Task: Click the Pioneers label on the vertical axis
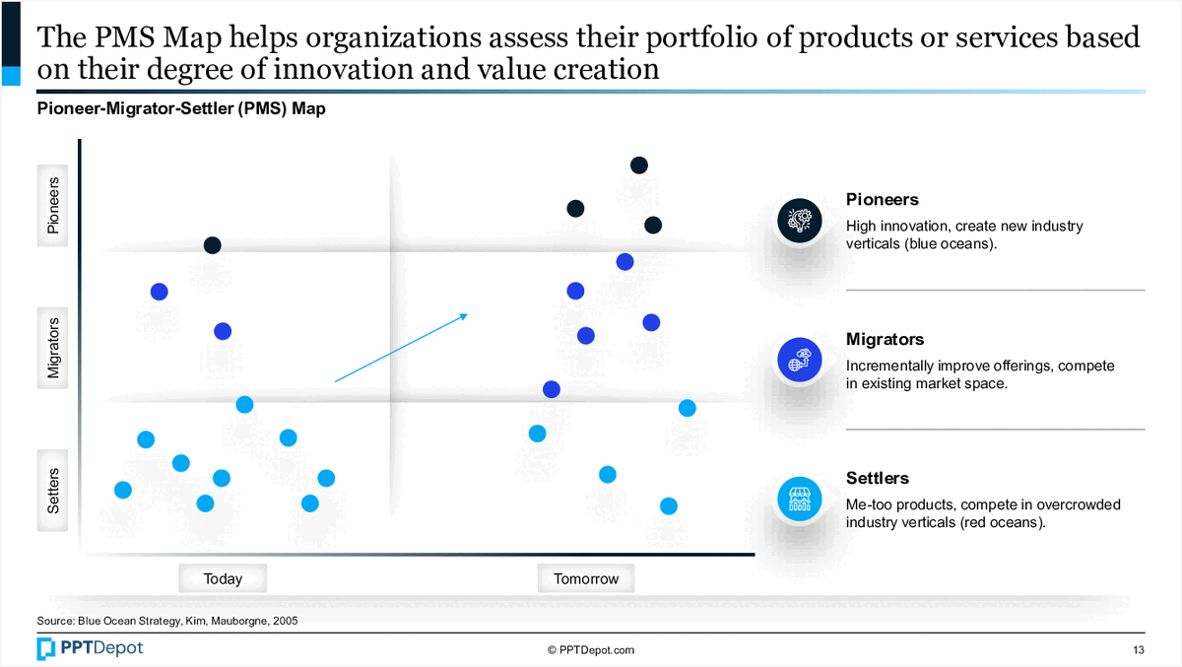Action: coord(54,205)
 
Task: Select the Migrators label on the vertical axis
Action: coord(54,348)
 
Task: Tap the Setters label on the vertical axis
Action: coord(54,491)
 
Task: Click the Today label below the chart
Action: coord(223,578)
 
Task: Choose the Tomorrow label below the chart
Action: coord(586,578)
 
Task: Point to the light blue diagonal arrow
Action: coord(401,348)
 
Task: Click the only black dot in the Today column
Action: coord(212,245)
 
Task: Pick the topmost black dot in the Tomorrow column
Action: coord(638,165)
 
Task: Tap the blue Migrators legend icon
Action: coord(799,360)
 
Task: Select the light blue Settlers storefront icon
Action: coord(799,499)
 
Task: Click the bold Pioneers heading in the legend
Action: coord(883,200)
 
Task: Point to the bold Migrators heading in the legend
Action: coord(885,340)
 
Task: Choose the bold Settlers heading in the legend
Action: coord(878,479)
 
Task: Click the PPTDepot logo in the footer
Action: coord(90,648)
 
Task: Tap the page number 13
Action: coord(1138,649)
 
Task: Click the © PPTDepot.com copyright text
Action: coord(591,649)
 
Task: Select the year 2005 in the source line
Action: coord(282,622)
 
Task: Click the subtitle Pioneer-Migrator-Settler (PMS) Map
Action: coord(181,109)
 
